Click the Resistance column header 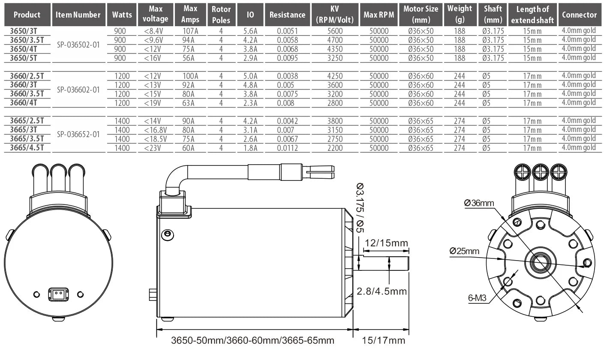(x=287, y=15)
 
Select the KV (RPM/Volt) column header (x=335, y=14)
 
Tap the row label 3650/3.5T (x=27, y=40)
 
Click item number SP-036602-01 (x=78, y=90)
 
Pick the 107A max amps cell (x=190, y=31)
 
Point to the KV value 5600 (x=335, y=31)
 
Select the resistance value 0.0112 (x=287, y=148)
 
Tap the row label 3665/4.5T (x=27, y=147)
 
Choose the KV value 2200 (x=335, y=148)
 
